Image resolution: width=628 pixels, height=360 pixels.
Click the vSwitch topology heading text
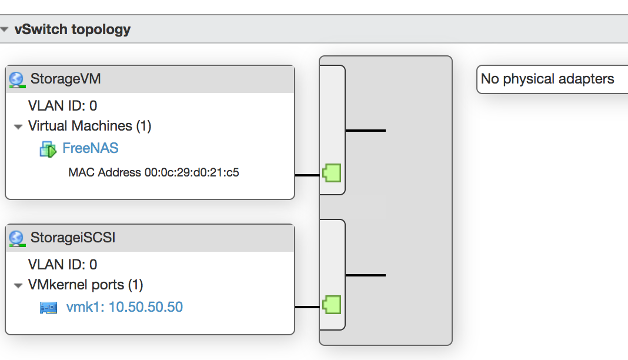(72, 29)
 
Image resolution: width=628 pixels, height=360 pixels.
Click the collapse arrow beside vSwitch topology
(4, 29)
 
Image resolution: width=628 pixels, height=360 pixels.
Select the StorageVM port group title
(66, 79)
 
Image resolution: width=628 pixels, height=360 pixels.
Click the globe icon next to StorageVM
(17, 79)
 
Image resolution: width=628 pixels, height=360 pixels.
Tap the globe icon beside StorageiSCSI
(17, 239)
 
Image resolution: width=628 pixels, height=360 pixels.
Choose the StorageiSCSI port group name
(73, 238)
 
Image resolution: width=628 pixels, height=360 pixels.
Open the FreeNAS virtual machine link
(91, 148)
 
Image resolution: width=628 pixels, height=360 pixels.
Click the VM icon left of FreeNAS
(48, 149)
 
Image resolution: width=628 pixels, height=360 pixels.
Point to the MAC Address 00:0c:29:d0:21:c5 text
(154, 172)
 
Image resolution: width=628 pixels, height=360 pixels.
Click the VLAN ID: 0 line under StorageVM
(62, 106)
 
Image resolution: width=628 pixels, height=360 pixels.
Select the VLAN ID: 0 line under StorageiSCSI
(62, 265)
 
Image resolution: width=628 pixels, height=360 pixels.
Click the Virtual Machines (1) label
(90, 126)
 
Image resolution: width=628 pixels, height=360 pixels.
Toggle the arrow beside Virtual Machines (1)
(18, 127)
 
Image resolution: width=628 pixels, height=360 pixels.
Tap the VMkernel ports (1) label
(86, 285)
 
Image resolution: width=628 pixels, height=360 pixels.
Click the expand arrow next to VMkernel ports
(18, 286)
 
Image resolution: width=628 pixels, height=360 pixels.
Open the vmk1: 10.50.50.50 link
(125, 307)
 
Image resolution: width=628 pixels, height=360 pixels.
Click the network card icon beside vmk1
(48, 308)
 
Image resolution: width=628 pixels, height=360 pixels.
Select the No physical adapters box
(552, 79)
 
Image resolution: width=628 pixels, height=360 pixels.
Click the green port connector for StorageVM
(332, 173)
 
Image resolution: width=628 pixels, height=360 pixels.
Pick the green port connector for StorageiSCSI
(332, 305)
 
